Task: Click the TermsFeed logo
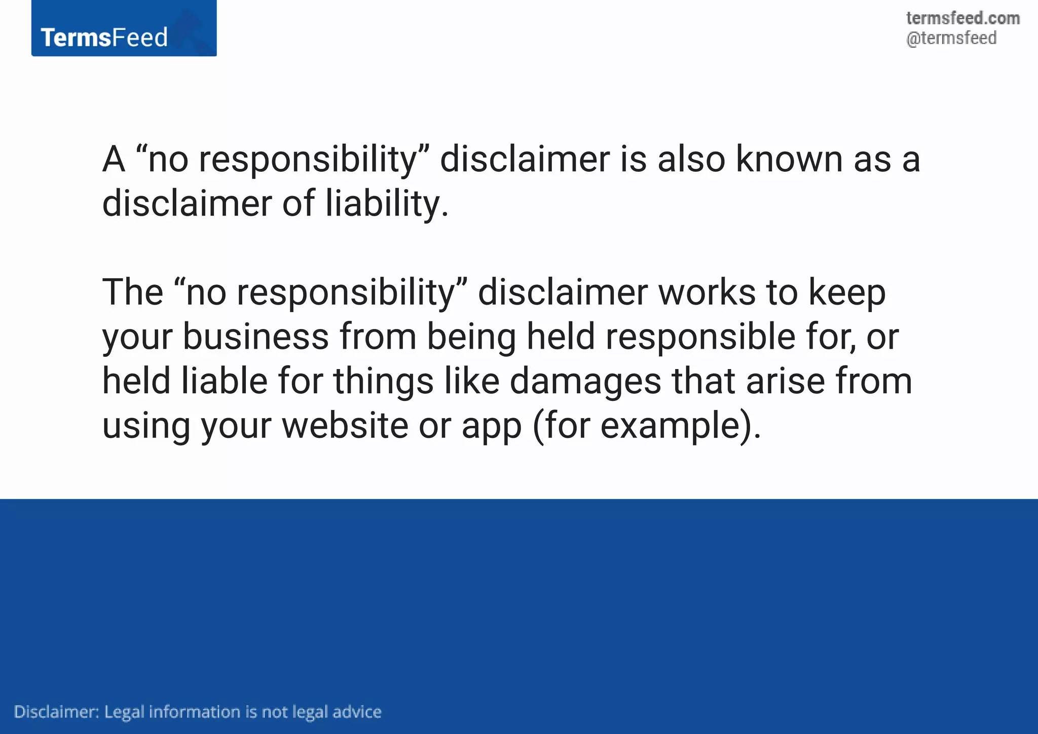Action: point(124,29)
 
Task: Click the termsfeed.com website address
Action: point(962,18)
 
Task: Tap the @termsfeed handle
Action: point(951,39)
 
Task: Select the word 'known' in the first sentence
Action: point(789,159)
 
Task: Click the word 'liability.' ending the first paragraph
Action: point(387,204)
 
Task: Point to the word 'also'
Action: point(691,159)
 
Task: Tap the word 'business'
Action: point(255,337)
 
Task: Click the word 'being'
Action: point(471,338)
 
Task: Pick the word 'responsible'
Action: point(700,338)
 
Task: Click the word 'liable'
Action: point(225,381)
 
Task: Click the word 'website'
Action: point(345,426)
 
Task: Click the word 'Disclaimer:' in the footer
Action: point(56,712)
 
